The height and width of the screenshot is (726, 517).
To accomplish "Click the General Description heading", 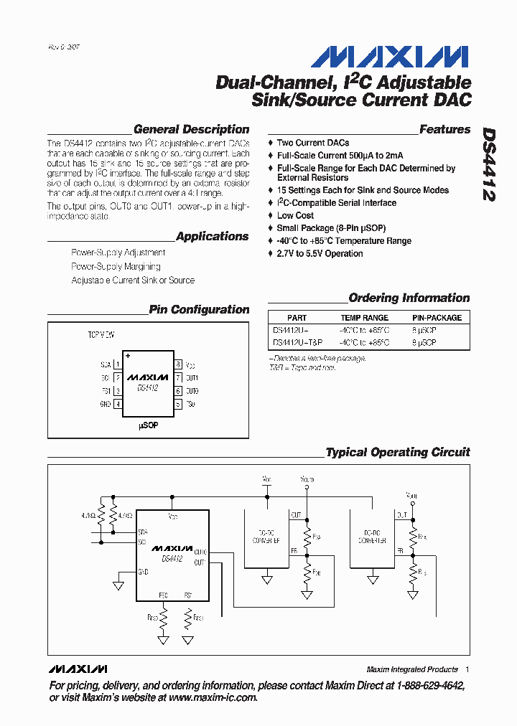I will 191,130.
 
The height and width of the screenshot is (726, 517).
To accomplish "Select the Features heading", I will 444,130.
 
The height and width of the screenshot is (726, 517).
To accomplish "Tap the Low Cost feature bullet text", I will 295,215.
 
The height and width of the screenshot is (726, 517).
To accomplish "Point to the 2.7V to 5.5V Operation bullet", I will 320,253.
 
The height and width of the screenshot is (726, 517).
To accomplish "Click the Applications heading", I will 212,236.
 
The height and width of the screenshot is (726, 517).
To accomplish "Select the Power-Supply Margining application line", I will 116,266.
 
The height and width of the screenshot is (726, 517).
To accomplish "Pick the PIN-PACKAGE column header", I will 437,317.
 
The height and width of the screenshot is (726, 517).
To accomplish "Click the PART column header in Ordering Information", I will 297,317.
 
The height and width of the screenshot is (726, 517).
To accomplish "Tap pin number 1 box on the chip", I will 118,364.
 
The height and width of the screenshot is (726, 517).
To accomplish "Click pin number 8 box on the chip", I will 177,364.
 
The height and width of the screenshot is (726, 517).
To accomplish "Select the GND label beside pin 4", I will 106,405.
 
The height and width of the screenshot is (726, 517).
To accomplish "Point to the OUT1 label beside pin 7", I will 192,378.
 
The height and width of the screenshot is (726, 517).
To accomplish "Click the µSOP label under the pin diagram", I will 148,425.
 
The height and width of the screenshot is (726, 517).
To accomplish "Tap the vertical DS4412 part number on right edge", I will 489,164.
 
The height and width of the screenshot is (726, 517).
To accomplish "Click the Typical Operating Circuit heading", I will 398,453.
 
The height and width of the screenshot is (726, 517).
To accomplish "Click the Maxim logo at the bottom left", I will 78,669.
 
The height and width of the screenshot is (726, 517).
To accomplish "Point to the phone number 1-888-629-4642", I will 424,686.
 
